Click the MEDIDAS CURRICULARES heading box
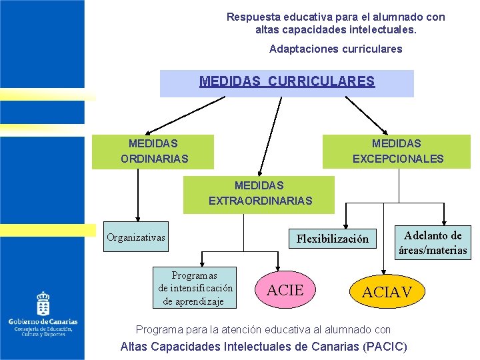[x=287, y=83]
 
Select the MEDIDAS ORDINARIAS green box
[x=153, y=151]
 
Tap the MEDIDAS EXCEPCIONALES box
[x=397, y=151]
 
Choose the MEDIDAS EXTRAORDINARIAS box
[x=259, y=194]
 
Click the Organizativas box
[x=137, y=237]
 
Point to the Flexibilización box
[x=332, y=239]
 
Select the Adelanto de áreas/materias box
[x=433, y=243]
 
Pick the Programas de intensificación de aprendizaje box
[x=195, y=288]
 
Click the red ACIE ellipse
[x=285, y=290]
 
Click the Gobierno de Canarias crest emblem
[x=43, y=303]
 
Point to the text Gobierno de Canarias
[x=43, y=322]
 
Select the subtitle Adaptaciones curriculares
[x=335, y=49]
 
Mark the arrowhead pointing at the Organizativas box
[x=138, y=217]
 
